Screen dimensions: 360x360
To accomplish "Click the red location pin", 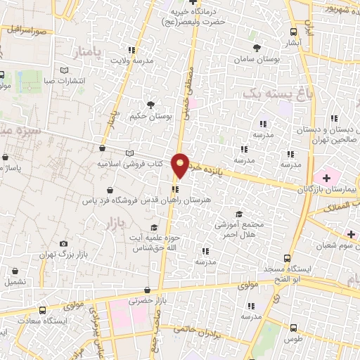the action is pyautogui.click(x=181, y=165).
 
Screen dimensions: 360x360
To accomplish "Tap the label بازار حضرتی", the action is pyautogui.click(x=139, y=301).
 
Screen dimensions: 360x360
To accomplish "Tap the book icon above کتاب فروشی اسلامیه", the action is pyautogui.click(x=128, y=153).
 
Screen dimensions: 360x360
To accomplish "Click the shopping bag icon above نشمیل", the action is pyautogui.click(x=15, y=271).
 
